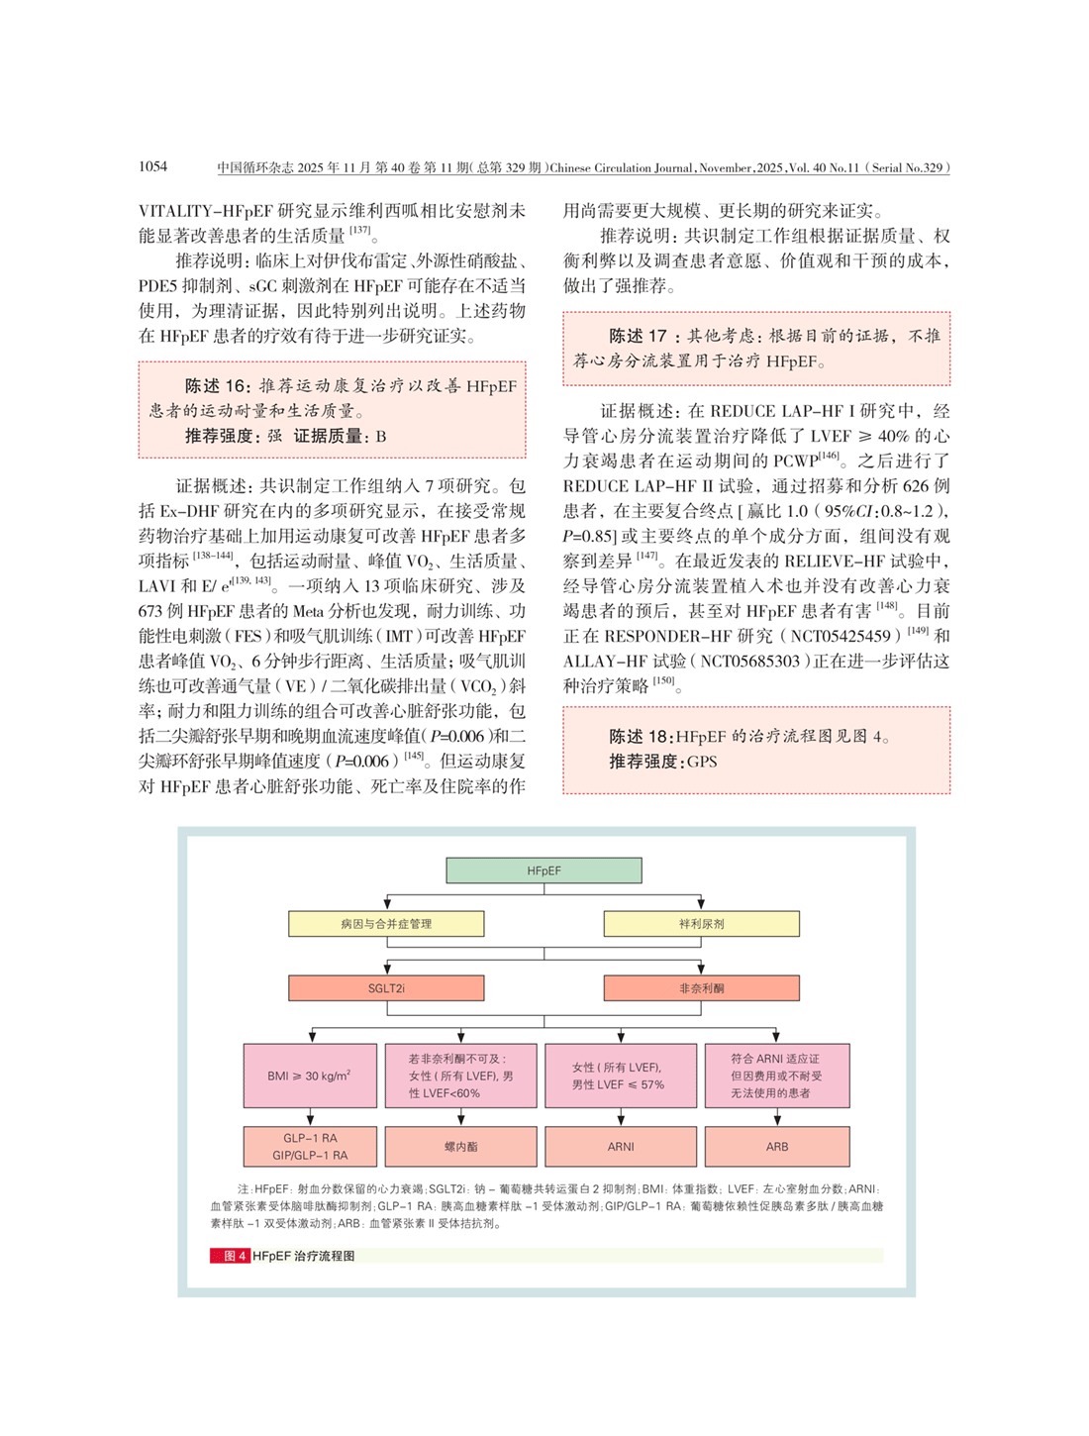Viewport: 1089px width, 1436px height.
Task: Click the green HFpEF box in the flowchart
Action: (544, 871)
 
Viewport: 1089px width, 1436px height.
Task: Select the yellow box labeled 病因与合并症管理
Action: (386, 924)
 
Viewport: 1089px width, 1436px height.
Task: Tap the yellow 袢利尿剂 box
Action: (701, 924)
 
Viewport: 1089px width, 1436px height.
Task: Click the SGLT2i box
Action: (386, 988)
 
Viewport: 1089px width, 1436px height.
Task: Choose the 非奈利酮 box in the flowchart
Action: (701, 988)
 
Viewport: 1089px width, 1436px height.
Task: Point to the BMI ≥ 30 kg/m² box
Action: (310, 1076)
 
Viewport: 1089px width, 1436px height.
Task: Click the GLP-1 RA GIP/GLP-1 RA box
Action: (310, 1147)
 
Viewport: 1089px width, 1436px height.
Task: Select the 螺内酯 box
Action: (460, 1147)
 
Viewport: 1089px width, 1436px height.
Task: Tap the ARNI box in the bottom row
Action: (621, 1147)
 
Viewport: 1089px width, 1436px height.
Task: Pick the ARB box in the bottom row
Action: (777, 1147)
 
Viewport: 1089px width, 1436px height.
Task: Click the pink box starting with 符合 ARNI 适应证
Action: (777, 1076)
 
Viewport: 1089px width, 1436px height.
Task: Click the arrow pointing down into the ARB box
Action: (777, 1118)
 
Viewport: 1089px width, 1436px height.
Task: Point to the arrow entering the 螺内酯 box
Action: (460, 1118)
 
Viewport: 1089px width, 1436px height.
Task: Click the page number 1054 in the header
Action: (153, 166)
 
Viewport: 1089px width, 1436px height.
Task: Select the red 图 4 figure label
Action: (229, 1256)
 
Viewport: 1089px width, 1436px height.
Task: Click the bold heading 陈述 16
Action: (218, 386)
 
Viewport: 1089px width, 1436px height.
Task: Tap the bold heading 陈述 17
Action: (639, 337)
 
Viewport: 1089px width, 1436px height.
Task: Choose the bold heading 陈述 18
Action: (640, 737)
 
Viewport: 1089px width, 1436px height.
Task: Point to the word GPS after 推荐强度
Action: (702, 762)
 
